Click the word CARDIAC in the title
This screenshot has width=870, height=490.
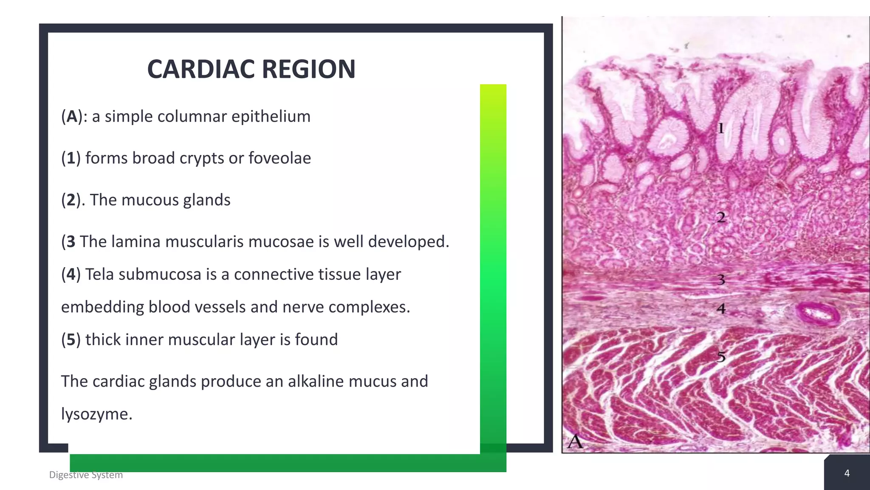pyautogui.click(x=201, y=69)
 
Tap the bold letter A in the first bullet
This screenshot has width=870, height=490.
pyautogui.click(x=72, y=117)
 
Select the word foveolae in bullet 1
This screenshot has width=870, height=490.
pyautogui.click(x=280, y=158)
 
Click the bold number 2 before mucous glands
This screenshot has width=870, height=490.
pyautogui.click(x=71, y=200)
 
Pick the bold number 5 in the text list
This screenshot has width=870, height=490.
pyautogui.click(x=71, y=340)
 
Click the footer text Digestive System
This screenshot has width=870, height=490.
pyautogui.click(x=86, y=475)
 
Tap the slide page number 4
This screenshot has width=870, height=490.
pyautogui.click(x=847, y=473)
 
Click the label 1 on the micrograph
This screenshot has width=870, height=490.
pyautogui.click(x=720, y=128)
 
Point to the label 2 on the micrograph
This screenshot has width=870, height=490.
pyautogui.click(x=721, y=218)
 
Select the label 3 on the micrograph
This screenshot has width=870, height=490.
pyautogui.click(x=721, y=280)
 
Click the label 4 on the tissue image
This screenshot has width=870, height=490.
pyautogui.click(x=721, y=308)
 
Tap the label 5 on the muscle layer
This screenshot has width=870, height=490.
pyautogui.click(x=721, y=356)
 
